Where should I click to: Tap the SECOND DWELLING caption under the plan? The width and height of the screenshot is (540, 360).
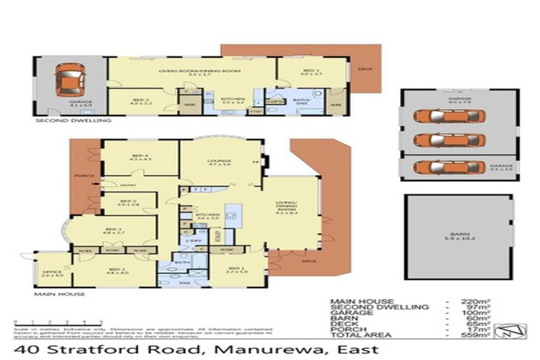click(x=73, y=121)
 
